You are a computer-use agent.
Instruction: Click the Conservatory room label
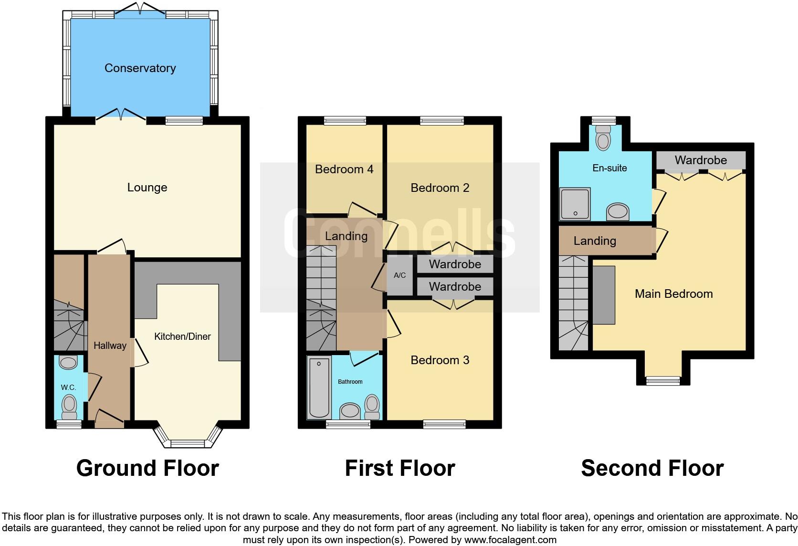pyautogui.click(x=140, y=68)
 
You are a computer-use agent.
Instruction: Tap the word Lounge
pyautogui.click(x=147, y=188)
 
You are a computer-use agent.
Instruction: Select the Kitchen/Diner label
pyautogui.click(x=182, y=336)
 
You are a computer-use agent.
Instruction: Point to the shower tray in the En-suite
pyautogui.click(x=575, y=204)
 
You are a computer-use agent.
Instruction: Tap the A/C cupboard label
pyautogui.click(x=399, y=275)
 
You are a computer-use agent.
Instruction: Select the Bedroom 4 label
pyautogui.click(x=344, y=169)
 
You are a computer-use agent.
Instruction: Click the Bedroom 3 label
pyautogui.click(x=440, y=360)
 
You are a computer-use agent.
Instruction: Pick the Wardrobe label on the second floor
pyautogui.click(x=700, y=160)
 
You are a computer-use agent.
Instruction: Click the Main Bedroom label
pyautogui.click(x=673, y=294)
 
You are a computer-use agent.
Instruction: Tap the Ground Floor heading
pyautogui.click(x=147, y=468)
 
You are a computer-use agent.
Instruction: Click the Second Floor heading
pyautogui.click(x=652, y=468)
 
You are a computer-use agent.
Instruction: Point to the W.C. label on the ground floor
pyautogui.click(x=68, y=388)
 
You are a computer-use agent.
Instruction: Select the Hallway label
pyautogui.click(x=110, y=346)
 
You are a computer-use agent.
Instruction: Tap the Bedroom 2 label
pyautogui.click(x=440, y=188)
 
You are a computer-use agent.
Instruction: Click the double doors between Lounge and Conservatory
pyautogui.click(x=122, y=115)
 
